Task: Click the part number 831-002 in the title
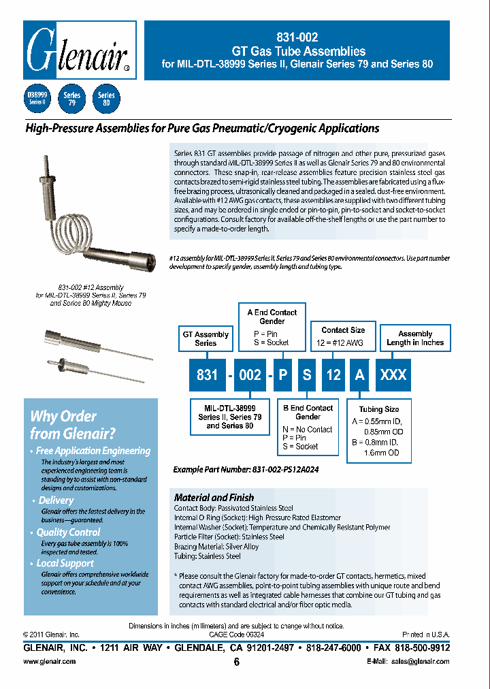(298, 38)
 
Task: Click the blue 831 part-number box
(207, 375)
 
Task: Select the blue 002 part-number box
(250, 375)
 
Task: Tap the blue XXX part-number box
(393, 375)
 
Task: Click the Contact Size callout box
(343, 334)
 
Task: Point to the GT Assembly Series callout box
(206, 338)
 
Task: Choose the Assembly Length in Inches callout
(415, 338)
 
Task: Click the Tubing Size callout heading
(379, 409)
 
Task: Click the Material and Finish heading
(214, 497)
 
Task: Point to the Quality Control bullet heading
(68, 532)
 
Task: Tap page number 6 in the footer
(237, 662)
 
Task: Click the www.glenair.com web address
(50, 661)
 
